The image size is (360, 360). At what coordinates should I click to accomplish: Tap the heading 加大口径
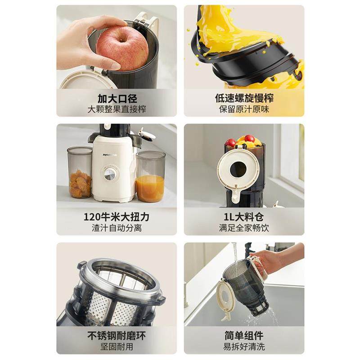tap(117, 98)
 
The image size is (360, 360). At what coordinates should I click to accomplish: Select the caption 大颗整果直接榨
tap(117, 109)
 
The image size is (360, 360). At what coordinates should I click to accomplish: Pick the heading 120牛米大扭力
tap(117, 217)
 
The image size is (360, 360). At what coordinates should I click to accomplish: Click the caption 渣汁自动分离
tap(117, 228)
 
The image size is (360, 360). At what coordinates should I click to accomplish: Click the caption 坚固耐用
tap(117, 347)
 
